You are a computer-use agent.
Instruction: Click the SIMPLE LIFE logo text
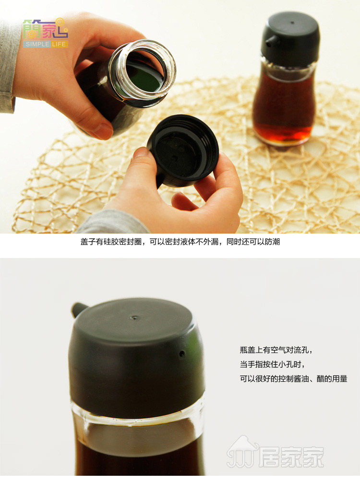click(x=46, y=44)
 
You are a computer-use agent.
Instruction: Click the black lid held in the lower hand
click(x=183, y=150)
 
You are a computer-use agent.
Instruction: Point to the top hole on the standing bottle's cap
click(x=292, y=23)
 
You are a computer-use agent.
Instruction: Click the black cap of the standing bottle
click(x=290, y=39)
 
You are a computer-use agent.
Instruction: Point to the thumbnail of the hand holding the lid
click(x=141, y=153)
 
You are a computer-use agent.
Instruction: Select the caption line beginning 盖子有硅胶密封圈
click(x=180, y=242)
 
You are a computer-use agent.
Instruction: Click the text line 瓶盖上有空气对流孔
click(x=276, y=350)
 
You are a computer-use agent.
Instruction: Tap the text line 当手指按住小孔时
click(x=273, y=365)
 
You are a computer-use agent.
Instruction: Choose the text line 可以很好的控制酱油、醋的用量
click(x=293, y=378)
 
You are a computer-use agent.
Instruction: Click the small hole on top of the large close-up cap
click(x=135, y=317)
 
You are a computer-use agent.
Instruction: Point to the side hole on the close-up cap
click(x=182, y=353)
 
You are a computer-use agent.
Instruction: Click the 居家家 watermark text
click(x=291, y=457)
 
